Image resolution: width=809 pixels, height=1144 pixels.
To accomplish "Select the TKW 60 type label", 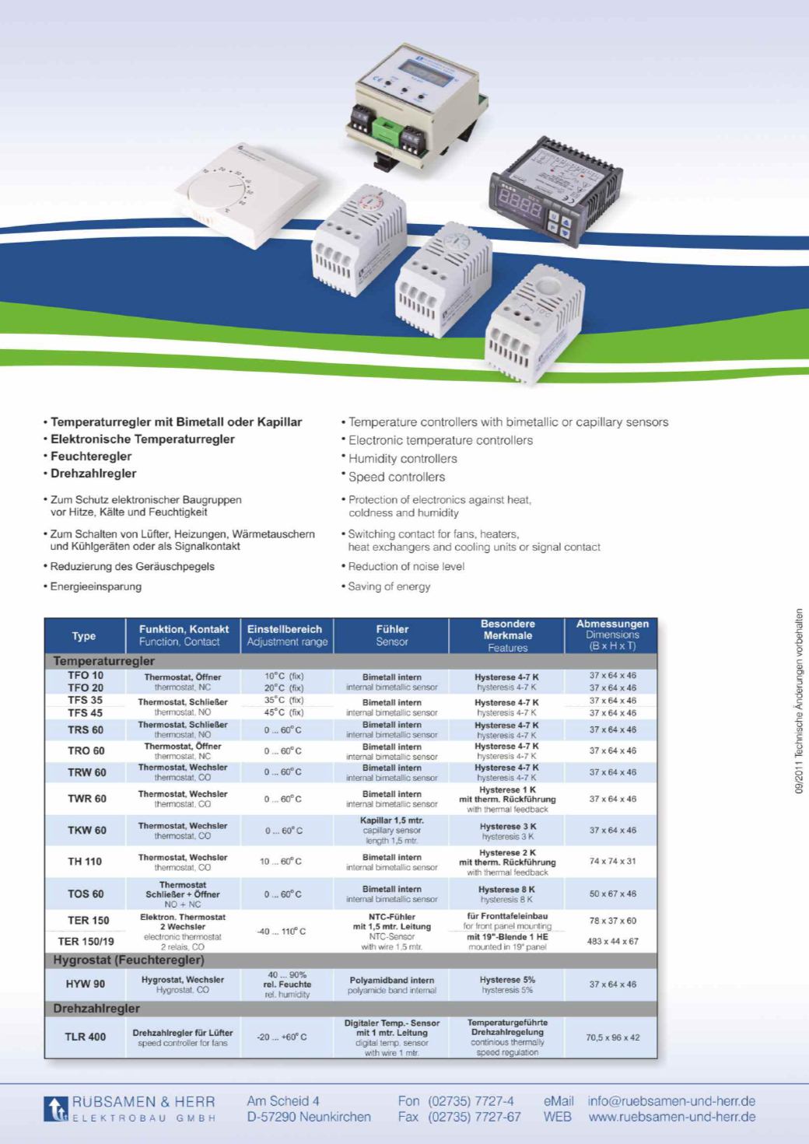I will click(x=86, y=831).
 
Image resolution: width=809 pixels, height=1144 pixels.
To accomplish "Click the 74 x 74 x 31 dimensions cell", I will click(x=612, y=861).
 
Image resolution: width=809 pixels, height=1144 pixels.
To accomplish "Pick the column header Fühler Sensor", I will click(x=392, y=635).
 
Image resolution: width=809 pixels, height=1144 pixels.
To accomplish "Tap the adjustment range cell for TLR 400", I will click(x=282, y=1037).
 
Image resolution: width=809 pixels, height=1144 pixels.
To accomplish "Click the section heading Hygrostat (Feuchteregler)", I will click(x=129, y=960).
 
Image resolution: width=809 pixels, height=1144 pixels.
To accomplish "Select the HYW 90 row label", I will click(x=86, y=984).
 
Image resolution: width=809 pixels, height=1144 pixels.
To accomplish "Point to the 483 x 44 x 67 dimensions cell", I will click(x=612, y=941).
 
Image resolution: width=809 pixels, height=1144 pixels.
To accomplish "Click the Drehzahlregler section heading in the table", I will click(x=96, y=1009).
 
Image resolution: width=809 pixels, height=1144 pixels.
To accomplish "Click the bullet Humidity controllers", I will click(x=402, y=459).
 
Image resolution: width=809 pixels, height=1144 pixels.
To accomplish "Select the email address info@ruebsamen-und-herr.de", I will click(x=671, y=1101).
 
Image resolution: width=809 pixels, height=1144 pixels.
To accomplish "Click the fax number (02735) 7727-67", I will click(x=474, y=1118).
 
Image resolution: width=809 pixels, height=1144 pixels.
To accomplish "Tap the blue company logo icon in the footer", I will click(x=56, y=1109).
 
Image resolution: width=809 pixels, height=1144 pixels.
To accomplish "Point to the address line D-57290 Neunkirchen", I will click(x=309, y=1118).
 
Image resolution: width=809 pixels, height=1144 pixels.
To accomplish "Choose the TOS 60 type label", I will click(x=86, y=894).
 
